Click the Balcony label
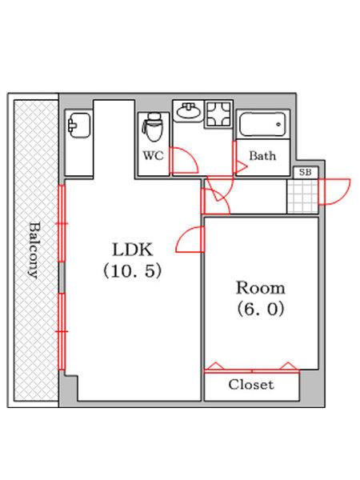(x=35, y=250)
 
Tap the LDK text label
(x=132, y=250)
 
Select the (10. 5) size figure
(x=132, y=271)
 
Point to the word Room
(x=261, y=288)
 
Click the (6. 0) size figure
(x=261, y=309)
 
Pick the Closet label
(x=251, y=385)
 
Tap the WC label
(x=154, y=156)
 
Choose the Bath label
(x=262, y=156)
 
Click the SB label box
(x=306, y=172)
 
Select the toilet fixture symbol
(x=153, y=127)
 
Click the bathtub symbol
(x=263, y=124)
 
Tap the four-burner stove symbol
(x=218, y=114)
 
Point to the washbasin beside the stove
(x=188, y=111)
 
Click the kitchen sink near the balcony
(x=78, y=126)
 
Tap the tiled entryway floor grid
(x=302, y=197)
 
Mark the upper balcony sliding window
(x=62, y=223)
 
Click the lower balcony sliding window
(x=62, y=331)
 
